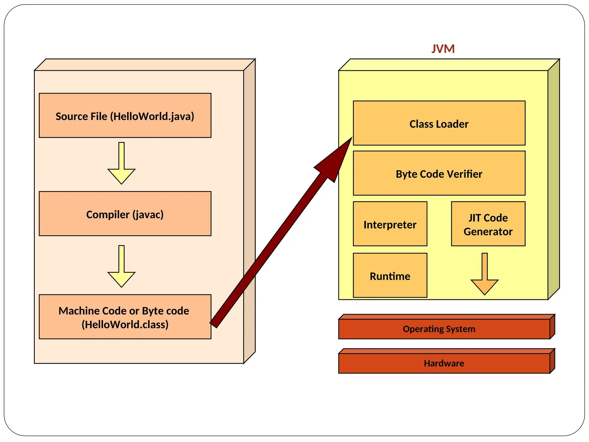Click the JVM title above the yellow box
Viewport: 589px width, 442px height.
(443, 49)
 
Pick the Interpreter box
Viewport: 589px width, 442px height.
(390, 224)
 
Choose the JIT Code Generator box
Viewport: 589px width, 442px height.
(488, 224)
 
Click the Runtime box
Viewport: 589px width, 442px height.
(390, 275)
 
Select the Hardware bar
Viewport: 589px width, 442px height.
(444, 363)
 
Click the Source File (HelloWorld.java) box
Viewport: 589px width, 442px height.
(125, 116)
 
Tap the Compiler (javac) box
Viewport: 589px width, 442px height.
(125, 214)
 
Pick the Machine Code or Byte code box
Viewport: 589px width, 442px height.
(125, 317)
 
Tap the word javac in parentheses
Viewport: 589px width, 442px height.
(148, 215)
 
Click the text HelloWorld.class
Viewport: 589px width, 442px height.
(125, 325)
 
